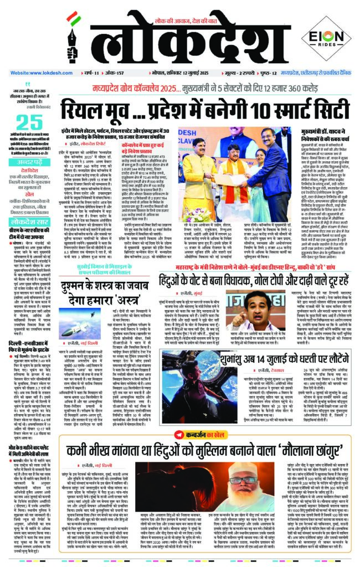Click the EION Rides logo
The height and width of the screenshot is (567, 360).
326,40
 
